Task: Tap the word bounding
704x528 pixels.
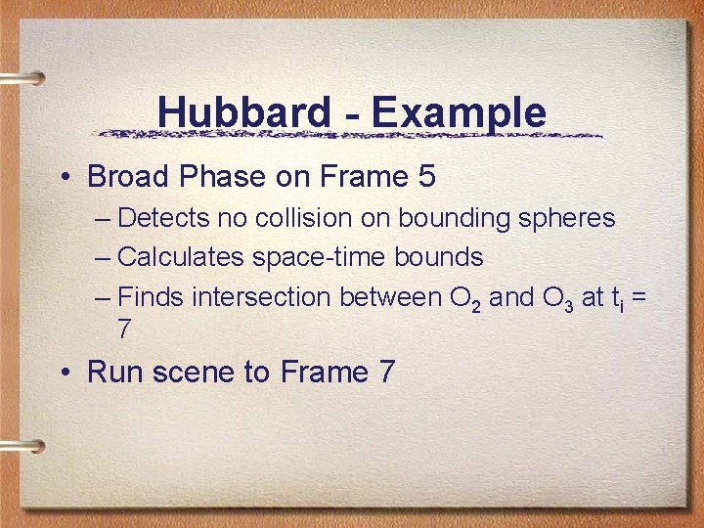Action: coord(454,218)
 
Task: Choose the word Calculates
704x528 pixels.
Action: coord(181,257)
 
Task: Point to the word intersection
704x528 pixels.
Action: coord(262,297)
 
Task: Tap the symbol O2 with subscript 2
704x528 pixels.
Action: coord(461,298)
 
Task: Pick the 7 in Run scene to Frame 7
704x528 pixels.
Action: coord(384,373)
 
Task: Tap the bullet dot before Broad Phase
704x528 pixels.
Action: coord(64,178)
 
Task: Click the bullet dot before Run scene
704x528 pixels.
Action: coord(64,373)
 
